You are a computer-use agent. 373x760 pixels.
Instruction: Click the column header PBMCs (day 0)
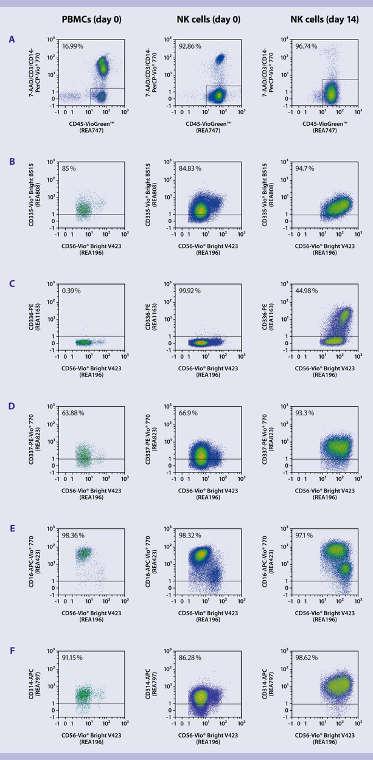[x=92, y=19]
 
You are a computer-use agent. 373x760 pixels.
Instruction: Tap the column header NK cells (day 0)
[x=209, y=19]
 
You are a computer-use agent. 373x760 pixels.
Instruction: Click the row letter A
[x=12, y=40]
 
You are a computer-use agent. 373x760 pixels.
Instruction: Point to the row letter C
[x=12, y=283]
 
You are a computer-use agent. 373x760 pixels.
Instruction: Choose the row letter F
[x=12, y=649]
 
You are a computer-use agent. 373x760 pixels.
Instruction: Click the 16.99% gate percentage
[x=72, y=46]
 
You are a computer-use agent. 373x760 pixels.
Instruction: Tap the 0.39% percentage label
[x=71, y=291]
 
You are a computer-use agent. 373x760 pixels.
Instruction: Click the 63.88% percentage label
[x=72, y=413]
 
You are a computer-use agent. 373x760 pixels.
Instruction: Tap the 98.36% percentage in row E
[x=72, y=535]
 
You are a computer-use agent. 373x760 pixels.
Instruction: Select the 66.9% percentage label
[x=188, y=413]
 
